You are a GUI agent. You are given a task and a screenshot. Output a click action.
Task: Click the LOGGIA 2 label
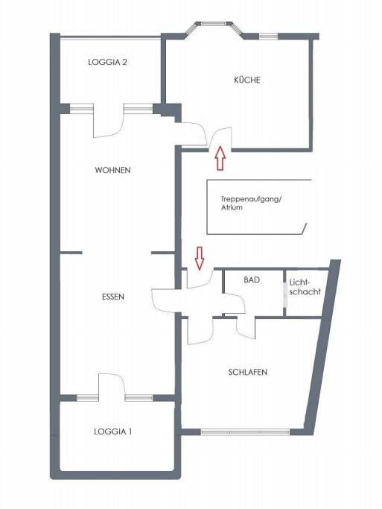107,62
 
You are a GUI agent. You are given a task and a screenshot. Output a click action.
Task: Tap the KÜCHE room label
247,80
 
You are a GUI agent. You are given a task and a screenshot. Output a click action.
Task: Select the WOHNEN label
113,170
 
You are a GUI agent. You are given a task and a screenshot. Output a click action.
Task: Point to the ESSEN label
113,297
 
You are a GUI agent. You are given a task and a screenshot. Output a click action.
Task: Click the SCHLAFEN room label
248,372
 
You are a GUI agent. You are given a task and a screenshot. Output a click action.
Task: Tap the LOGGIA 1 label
113,431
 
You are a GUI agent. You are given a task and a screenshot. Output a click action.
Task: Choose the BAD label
252,279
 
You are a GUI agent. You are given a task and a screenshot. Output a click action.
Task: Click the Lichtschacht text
305,287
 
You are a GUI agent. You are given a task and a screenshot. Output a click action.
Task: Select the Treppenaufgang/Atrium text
251,203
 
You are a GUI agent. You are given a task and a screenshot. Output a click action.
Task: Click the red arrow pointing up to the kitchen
220,158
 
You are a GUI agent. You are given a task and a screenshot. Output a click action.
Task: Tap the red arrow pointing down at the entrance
200,258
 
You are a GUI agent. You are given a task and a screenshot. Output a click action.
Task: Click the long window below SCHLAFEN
245,432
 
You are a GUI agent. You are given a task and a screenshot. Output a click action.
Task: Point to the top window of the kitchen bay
214,23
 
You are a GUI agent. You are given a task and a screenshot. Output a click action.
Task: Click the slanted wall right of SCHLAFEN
322,347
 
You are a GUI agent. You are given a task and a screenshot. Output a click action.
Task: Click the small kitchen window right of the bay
268,37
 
